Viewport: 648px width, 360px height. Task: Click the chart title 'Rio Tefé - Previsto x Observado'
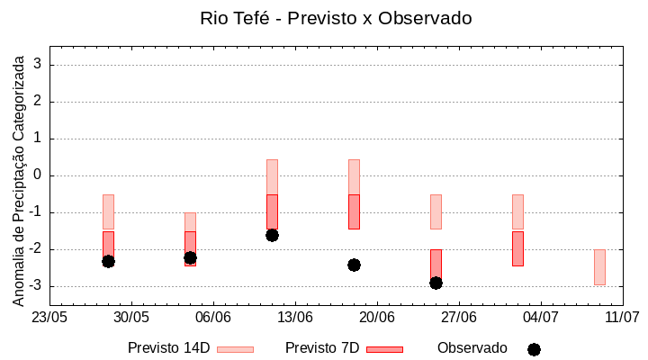coord(336,18)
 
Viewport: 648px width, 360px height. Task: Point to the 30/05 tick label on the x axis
coord(131,318)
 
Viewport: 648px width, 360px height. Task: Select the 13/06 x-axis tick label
coord(294,318)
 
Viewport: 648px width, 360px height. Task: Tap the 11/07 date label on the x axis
coord(622,318)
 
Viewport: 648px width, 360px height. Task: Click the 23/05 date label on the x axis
coord(49,318)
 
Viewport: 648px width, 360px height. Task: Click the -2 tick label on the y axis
coord(37,249)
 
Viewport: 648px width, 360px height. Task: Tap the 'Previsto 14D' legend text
coord(168,348)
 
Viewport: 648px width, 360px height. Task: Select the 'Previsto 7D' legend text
coord(322,348)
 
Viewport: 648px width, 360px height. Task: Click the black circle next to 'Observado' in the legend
coord(534,349)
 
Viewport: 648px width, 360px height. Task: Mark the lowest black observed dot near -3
coord(436,283)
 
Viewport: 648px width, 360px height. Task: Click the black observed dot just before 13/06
coord(272,235)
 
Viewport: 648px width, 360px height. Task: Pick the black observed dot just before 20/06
coord(354,265)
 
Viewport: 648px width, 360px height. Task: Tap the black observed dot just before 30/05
coord(108,261)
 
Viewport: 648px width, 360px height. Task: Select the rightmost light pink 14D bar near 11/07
coord(599,267)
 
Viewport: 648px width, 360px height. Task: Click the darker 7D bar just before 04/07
coord(517,248)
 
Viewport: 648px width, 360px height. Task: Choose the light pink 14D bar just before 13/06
coord(272,177)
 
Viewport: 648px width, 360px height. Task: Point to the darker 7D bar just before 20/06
coord(354,211)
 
